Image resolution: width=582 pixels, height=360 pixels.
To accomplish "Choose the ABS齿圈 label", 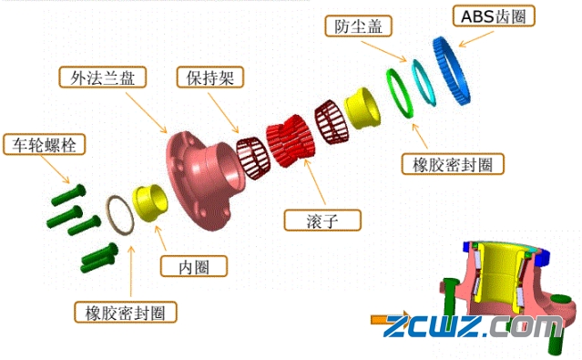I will point(492,15).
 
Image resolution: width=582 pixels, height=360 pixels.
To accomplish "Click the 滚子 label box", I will point(322,220).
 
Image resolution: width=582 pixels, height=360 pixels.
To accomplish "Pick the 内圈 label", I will point(193,266).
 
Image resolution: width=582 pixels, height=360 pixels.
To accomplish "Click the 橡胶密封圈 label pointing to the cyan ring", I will point(453,164).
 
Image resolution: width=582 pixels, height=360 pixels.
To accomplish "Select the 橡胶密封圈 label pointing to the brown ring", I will point(125,313).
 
